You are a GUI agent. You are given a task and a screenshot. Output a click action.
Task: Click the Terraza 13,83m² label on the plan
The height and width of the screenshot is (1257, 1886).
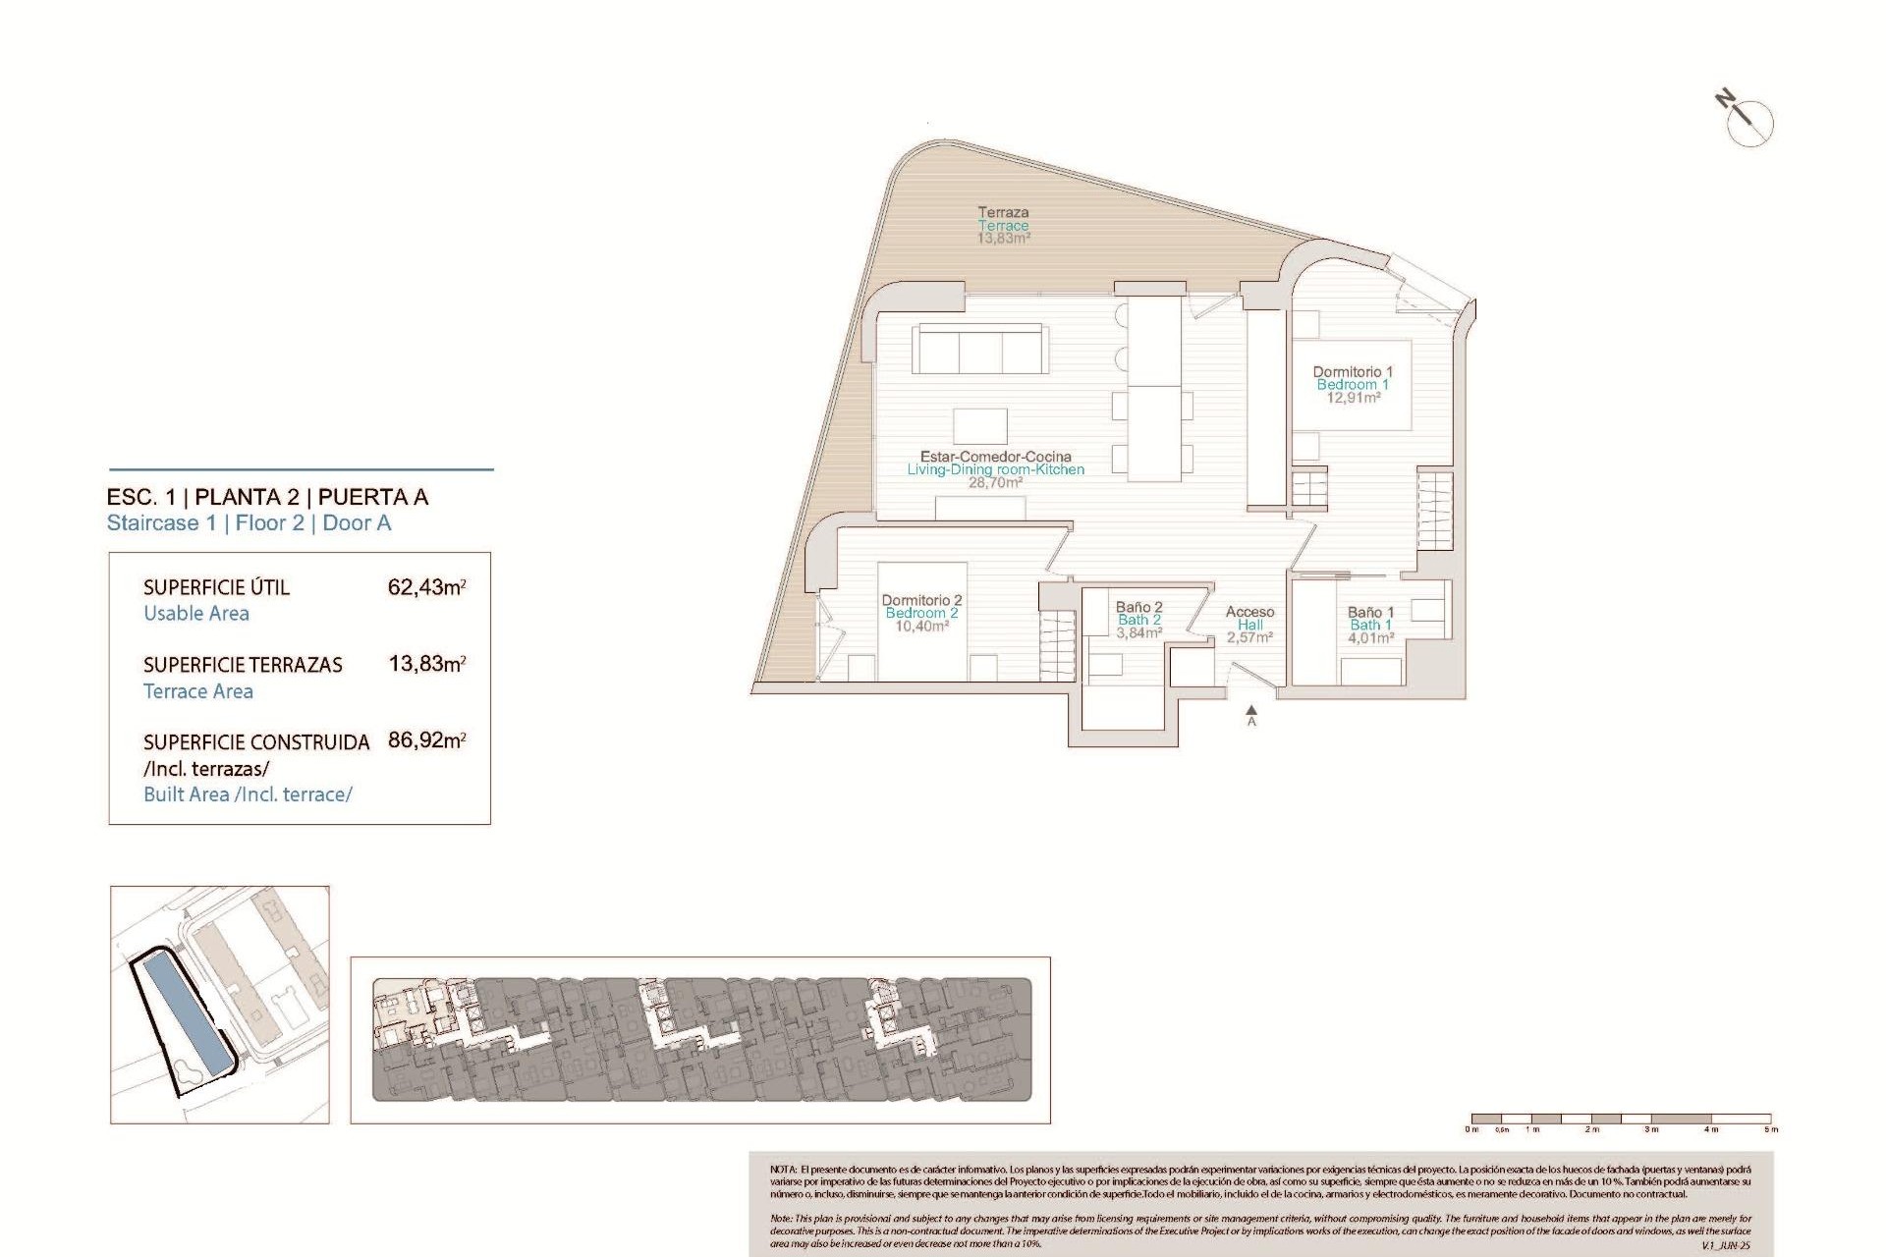1003,225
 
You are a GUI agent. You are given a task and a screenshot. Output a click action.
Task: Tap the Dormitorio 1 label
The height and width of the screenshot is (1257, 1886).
1353,384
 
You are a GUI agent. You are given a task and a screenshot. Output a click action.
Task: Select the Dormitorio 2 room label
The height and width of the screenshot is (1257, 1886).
921,613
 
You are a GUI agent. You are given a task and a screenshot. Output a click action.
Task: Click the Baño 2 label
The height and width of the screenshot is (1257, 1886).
1138,620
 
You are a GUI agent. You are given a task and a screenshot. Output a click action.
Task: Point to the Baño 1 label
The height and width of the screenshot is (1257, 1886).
1370,625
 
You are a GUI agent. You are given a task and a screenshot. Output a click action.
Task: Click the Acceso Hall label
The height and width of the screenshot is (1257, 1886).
1249,625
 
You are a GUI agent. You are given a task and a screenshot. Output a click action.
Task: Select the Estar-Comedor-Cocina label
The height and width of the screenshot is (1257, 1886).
995,468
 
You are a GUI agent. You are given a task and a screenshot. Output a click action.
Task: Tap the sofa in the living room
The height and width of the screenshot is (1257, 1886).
979,349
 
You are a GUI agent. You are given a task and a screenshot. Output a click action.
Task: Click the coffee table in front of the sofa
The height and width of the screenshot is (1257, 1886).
979,426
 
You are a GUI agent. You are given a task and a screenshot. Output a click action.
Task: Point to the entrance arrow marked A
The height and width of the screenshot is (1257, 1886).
1251,714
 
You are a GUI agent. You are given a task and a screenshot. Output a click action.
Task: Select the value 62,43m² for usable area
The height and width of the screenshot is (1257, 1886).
426,587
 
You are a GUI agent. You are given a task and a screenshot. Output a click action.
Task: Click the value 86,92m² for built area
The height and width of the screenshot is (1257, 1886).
426,740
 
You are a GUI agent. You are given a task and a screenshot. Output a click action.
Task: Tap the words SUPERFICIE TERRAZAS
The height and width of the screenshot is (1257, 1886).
243,665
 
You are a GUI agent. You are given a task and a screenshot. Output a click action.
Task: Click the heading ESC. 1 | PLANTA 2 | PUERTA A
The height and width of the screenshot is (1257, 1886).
267,497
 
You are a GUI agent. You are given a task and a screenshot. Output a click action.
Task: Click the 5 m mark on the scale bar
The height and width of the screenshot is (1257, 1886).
1770,1128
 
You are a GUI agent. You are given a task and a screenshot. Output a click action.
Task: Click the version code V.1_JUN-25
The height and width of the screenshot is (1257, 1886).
1725,1245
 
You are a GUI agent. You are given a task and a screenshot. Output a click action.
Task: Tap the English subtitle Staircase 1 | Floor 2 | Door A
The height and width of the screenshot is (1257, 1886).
249,523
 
